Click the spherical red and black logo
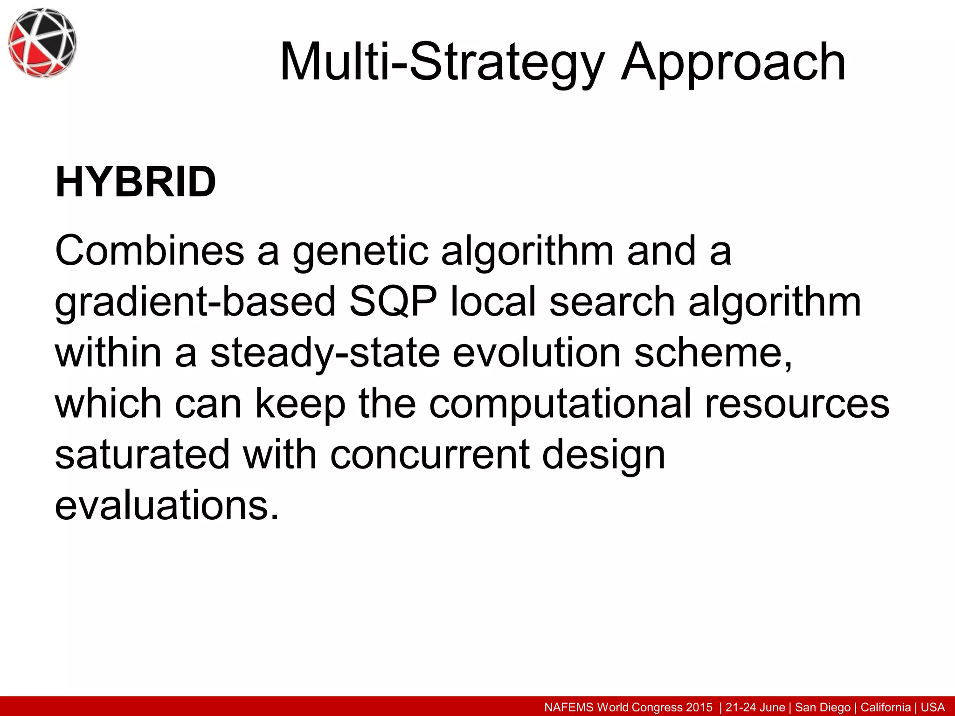tap(42, 43)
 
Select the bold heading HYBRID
tap(135, 183)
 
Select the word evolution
tap(536, 353)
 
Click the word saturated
tap(142, 454)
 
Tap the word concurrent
tap(429, 455)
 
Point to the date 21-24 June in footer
tap(755, 708)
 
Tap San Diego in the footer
tap(823, 708)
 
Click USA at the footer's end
tap(932, 708)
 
